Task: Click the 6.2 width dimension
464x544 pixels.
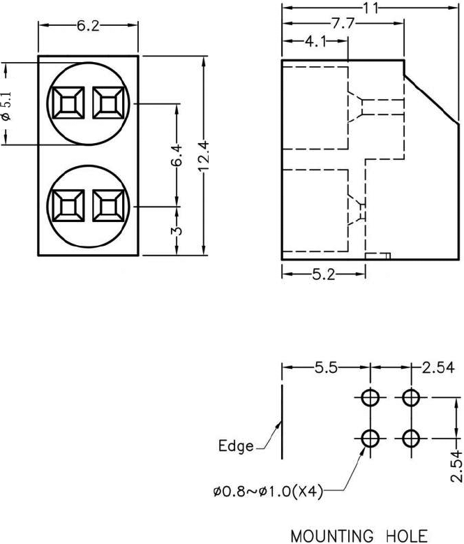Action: pos(88,27)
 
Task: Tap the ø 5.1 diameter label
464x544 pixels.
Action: pos(7,105)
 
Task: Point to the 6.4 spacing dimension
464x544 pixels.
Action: pos(177,155)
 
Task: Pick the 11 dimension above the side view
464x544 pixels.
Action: pos(372,8)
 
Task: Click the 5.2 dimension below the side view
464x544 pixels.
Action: pos(324,274)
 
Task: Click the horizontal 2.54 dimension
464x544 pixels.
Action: pos(438,367)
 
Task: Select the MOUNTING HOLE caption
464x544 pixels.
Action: pos(359,536)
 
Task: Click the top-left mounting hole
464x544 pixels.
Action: pos(371,399)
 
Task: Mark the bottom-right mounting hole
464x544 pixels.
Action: pos(411,439)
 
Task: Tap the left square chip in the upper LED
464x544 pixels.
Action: pos(67,104)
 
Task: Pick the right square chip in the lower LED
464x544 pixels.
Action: pos(108,207)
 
